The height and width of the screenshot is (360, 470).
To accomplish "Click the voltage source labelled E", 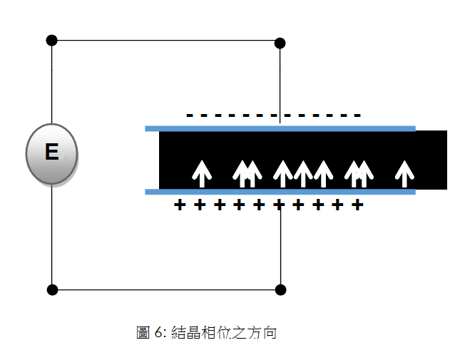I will tap(51, 153).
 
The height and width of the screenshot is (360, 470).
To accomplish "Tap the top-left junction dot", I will tap(51, 40).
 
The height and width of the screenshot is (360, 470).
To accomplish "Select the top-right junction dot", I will tap(280, 43).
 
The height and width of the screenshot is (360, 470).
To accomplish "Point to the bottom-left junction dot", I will tap(51, 290).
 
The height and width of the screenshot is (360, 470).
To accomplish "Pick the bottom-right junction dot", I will tap(280, 290).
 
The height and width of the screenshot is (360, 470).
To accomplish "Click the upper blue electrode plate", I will tap(280, 128).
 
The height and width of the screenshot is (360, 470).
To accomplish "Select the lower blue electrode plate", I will tap(280, 192).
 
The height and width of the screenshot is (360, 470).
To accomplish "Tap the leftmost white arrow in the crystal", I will tap(202, 173).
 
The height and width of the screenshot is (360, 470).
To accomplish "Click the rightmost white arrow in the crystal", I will tap(404, 173).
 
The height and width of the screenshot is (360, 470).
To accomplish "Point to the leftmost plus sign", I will tap(180, 205).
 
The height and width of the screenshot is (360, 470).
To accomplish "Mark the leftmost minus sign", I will tap(190, 115).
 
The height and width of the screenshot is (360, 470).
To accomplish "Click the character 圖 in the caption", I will tap(143, 333).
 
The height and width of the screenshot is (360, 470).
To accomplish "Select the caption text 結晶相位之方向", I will tap(224, 333).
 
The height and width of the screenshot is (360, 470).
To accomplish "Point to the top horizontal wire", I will tap(165, 41).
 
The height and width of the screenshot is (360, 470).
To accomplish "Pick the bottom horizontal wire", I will tap(165, 290).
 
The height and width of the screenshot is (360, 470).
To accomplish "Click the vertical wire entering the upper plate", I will tap(280, 82).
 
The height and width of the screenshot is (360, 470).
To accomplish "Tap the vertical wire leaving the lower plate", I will tap(280, 242).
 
